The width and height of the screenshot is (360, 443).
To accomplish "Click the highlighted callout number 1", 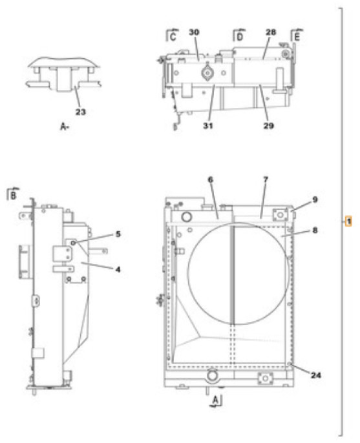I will click(x=348, y=221).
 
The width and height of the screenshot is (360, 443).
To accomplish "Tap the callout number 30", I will click(x=193, y=32).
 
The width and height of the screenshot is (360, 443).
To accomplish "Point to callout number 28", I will click(x=271, y=32).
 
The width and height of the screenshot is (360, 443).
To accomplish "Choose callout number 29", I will click(x=268, y=126).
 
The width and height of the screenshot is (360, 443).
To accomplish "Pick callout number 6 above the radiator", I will click(x=210, y=179).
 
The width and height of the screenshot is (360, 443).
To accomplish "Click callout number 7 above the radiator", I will click(x=266, y=178).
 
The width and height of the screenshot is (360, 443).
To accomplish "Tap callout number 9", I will click(x=315, y=200).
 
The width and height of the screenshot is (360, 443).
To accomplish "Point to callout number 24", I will click(x=315, y=374).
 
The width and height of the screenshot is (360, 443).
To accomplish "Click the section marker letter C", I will click(x=173, y=37).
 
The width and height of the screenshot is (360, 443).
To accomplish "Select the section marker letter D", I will click(x=238, y=37).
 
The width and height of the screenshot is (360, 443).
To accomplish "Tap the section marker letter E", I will click(x=297, y=37).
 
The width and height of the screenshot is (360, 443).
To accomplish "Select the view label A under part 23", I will click(x=63, y=128).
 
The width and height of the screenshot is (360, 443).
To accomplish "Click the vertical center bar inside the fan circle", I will click(x=231, y=271).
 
